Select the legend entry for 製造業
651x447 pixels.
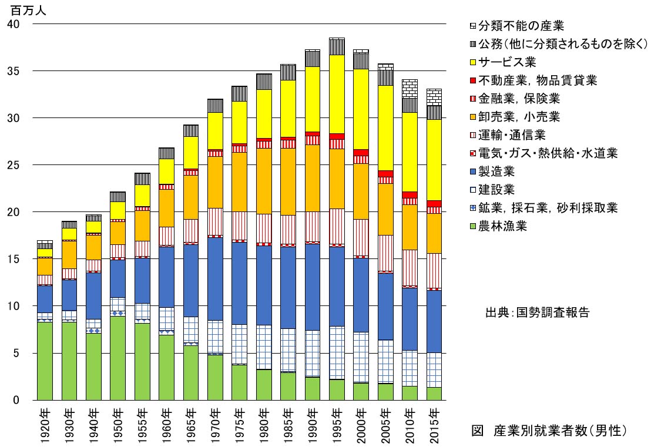(x=496, y=172)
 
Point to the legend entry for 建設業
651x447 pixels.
(x=496, y=190)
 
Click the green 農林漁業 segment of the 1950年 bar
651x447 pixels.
(x=118, y=358)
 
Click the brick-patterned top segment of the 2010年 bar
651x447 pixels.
(x=410, y=88)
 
